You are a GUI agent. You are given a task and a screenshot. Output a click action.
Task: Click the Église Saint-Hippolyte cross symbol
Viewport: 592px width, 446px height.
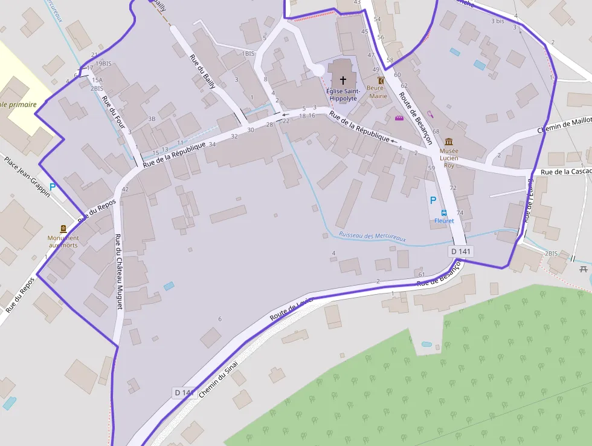click(343, 80)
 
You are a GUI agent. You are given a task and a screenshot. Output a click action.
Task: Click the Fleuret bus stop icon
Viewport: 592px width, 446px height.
click(444, 213)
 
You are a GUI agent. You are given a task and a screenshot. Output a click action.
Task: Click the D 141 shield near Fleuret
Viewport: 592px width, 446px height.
click(461, 251)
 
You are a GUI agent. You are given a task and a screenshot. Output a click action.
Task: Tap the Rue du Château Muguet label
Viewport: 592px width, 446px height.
click(118, 272)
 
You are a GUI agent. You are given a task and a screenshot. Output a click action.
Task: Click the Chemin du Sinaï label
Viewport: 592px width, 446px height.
click(218, 378)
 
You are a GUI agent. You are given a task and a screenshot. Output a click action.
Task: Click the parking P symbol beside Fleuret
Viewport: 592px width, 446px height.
click(433, 200)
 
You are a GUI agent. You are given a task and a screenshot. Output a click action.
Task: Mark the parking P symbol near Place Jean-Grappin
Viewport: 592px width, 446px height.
click(53, 187)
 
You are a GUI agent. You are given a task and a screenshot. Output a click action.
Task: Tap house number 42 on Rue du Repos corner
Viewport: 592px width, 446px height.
click(125, 189)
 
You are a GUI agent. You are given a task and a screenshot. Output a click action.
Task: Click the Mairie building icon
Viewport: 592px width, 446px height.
click(381, 80)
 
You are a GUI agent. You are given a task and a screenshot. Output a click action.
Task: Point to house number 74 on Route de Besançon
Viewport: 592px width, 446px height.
click(460, 212)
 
